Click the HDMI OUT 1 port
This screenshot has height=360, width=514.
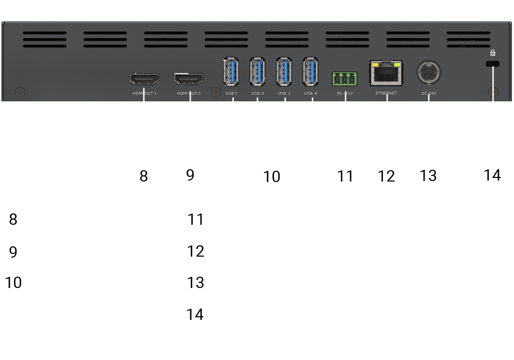(144, 79)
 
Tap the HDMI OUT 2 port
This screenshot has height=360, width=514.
(189, 79)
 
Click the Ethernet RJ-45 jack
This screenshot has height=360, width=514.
(386, 73)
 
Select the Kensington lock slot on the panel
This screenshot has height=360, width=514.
(492, 63)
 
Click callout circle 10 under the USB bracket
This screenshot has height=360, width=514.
(272, 176)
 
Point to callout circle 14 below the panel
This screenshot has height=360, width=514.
(492, 175)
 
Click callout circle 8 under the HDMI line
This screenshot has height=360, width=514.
(143, 176)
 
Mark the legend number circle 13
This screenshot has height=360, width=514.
(196, 283)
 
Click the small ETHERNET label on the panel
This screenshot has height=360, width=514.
(386, 94)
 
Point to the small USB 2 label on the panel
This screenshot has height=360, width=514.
(258, 94)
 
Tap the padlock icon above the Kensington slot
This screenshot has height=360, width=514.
(492, 52)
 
